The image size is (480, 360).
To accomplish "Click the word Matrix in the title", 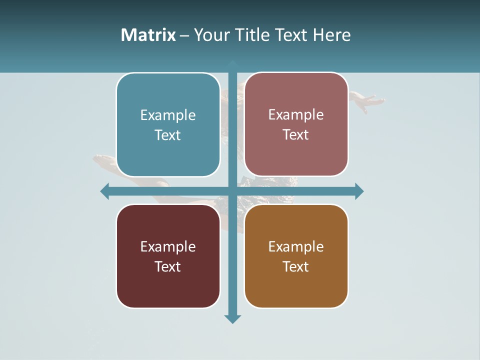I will pyautogui.click(x=148, y=35).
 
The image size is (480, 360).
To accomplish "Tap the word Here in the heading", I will pyautogui.click(x=331, y=35).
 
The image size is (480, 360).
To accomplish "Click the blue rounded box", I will pyautogui.click(x=168, y=124).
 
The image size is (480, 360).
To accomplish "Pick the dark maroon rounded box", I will pyautogui.click(x=168, y=256).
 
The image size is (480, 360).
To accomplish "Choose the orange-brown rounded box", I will pyautogui.click(x=296, y=256).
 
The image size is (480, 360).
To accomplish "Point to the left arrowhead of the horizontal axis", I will pyautogui.click(x=104, y=191).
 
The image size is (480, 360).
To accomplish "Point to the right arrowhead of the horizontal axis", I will pyautogui.click(x=359, y=191).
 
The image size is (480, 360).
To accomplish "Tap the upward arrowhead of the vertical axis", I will pyautogui.click(x=232, y=64).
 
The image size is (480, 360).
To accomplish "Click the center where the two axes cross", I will pyautogui.click(x=232, y=191).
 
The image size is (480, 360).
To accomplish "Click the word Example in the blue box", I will pyautogui.click(x=168, y=115).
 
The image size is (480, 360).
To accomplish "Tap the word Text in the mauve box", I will pyautogui.click(x=296, y=134).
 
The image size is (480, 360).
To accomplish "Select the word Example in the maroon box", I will pyautogui.click(x=168, y=246).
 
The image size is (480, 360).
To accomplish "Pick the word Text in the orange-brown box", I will pyautogui.click(x=296, y=266).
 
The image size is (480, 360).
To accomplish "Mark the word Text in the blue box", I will pyautogui.click(x=168, y=135).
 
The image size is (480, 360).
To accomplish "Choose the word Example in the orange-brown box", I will pyautogui.click(x=296, y=246).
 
